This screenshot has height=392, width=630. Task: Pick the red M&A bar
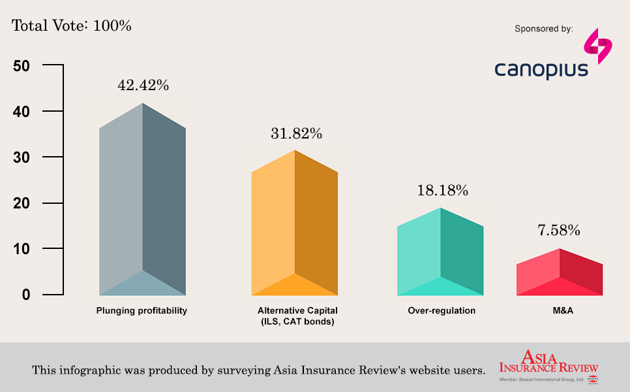click(560, 273)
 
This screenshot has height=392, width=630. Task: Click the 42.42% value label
click(143, 86)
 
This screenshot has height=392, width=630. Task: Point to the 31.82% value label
click(296, 133)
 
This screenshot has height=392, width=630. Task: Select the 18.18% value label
click(442, 191)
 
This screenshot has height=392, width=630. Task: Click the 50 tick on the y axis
click(22, 66)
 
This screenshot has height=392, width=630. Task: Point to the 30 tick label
click(22, 157)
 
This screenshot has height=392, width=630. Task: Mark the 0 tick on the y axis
click(26, 295)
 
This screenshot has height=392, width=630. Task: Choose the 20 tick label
click(22, 203)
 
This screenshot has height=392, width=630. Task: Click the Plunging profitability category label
click(142, 311)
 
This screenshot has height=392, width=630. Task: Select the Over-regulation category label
click(442, 311)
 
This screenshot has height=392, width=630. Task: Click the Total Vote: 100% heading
click(72, 26)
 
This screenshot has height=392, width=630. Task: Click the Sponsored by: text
click(544, 29)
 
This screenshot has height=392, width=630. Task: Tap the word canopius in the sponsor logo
click(541, 69)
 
